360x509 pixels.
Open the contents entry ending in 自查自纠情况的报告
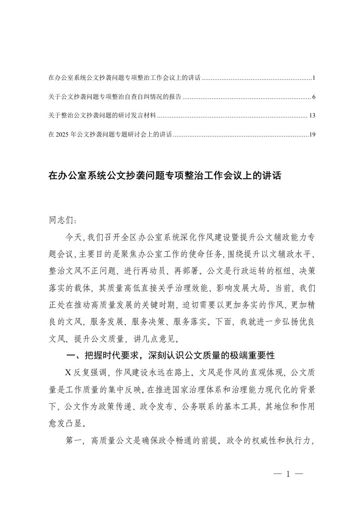point(114,97)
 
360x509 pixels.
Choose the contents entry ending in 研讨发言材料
point(102,116)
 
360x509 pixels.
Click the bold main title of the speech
point(165,176)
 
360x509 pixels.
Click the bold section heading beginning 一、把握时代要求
point(170,354)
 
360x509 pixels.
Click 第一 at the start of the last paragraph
point(74,440)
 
